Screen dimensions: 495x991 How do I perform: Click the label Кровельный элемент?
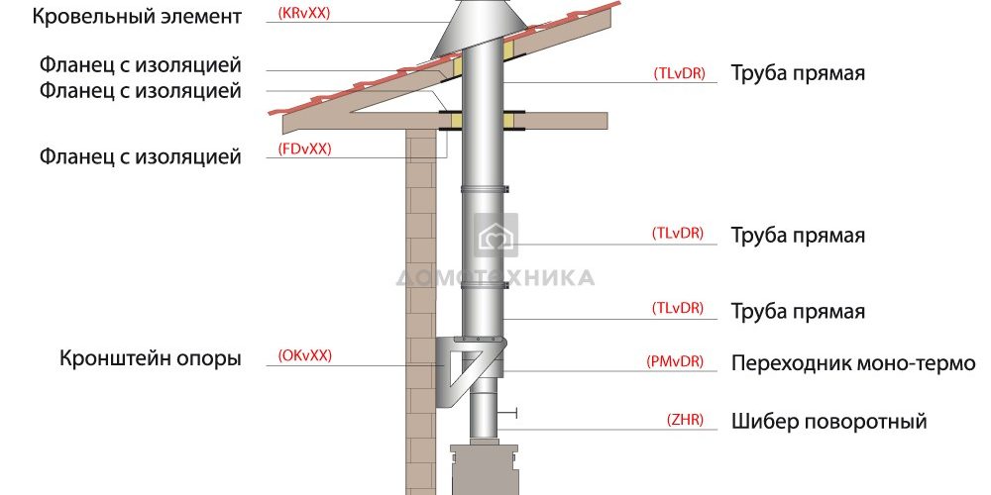pos(136,17)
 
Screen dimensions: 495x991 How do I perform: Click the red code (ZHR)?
pos(685,420)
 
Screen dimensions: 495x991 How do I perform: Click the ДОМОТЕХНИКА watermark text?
pos(495,277)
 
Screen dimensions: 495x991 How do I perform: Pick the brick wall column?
pos(421,317)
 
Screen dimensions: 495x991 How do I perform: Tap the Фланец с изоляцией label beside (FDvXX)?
pos(140,156)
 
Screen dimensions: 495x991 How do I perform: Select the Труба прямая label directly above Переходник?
pos(798,312)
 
